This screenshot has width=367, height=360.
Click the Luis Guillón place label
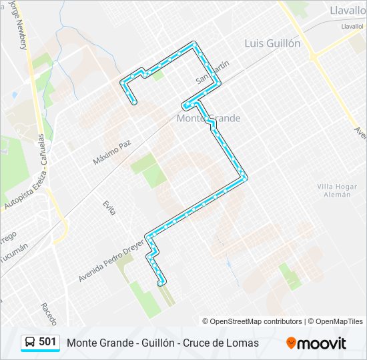[x=272, y=43]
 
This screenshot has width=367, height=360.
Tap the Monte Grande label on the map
[x=208, y=118]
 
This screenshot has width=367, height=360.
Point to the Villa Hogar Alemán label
[x=334, y=190]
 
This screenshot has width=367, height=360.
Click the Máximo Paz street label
[x=112, y=152]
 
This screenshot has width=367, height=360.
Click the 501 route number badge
[x=47, y=342]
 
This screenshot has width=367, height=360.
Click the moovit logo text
[x=322, y=343]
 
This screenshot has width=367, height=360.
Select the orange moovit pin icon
[x=291, y=343]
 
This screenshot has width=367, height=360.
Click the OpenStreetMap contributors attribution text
[x=256, y=321]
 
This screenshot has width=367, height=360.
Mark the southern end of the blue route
[x=160, y=283]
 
